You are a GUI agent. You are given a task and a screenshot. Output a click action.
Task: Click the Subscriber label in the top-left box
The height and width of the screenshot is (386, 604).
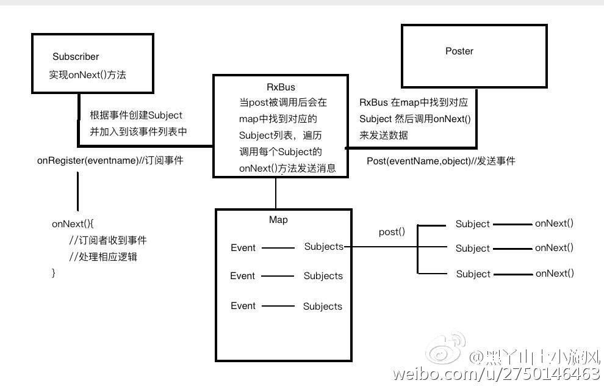pyautogui.click(x=76, y=57)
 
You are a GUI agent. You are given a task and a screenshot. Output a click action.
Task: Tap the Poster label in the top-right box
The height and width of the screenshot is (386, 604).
pyautogui.click(x=459, y=51)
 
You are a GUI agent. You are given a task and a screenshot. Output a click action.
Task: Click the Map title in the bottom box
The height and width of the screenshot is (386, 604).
pyautogui.click(x=278, y=219)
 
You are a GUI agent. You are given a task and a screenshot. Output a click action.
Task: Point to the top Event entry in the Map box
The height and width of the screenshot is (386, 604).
pyautogui.click(x=243, y=247)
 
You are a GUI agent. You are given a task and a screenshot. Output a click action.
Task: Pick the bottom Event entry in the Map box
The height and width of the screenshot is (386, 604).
pyautogui.click(x=243, y=305)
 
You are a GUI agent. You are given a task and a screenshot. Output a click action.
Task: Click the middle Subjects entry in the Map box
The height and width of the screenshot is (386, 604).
pyautogui.click(x=323, y=276)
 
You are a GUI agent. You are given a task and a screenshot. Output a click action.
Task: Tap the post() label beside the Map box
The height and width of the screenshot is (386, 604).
pyautogui.click(x=392, y=232)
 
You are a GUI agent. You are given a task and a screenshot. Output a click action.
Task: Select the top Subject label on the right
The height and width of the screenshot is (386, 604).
pyautogui.click(x=472, y=224)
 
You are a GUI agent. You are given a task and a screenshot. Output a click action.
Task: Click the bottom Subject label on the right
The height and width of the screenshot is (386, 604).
pyautogui.click(x=473, y=274)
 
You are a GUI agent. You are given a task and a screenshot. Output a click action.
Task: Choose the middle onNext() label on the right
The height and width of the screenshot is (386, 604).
pyautogui.click(x=554, y=248)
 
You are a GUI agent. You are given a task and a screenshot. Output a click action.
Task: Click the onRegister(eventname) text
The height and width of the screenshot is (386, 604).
pyautogui.click(x=110, y=161)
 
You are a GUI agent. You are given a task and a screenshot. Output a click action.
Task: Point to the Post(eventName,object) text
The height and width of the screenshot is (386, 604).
pyautogui.click(x=440, y=161)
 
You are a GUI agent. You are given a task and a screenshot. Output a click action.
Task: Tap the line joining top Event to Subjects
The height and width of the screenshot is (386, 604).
pyautogui.click(x=278, y=248)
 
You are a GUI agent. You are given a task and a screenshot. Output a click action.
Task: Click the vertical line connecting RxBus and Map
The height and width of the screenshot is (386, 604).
pyautogui.click(x=276, y=193)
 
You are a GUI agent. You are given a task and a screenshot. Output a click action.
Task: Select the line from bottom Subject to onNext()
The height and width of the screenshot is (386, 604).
pyautogui.click(x=512, y=274)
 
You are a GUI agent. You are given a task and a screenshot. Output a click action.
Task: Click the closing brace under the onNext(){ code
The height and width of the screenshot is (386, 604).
pyautogui.click(x=54, y=273)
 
